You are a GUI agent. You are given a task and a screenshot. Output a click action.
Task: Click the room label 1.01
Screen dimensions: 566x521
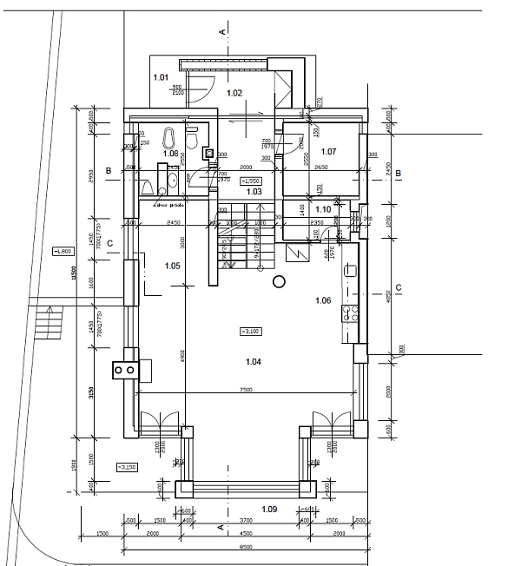[x=161, y=78]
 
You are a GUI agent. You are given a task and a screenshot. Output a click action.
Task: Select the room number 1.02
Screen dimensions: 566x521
[x=234, y=92]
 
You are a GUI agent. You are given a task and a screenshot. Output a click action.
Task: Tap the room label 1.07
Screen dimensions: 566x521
[x=328, y=152]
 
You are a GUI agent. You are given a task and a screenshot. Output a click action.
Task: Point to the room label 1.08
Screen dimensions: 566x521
[x=170, y=154]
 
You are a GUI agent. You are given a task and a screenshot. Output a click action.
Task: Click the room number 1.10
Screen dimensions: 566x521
[x=323, y=209]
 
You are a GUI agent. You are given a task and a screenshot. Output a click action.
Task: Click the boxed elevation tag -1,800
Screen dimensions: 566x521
[x=62, y=252]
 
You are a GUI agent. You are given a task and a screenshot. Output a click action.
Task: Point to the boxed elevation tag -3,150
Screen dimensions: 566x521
[x=126, y=467]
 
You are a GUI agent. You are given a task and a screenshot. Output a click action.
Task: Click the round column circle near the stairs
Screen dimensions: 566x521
[x=279, y=280]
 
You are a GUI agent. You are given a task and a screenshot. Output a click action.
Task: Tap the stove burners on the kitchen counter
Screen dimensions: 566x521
[x=351, y=314]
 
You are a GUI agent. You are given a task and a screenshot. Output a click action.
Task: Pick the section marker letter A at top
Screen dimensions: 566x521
[x=222, y=31]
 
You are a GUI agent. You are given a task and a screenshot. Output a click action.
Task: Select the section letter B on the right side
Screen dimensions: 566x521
[x=397, y=174]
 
